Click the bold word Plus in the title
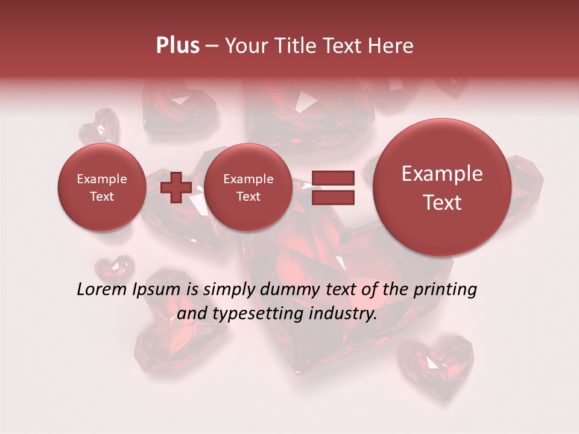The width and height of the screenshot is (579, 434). [177, 46]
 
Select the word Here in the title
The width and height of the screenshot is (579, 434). [392, 46]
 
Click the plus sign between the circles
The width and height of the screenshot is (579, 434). [176, 187]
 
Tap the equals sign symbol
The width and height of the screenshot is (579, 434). [332, 187]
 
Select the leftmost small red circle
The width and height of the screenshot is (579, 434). [101, 187]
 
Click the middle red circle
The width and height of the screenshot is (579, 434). [248, 187]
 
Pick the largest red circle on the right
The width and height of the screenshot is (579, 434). [442, 187]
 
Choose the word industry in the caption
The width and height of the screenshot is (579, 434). [343, 314]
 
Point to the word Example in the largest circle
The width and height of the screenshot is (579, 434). [442, 174]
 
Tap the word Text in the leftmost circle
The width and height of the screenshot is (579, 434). [101, 197]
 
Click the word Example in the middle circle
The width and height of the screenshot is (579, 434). [248, 179]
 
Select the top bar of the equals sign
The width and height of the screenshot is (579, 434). [332, 178]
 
